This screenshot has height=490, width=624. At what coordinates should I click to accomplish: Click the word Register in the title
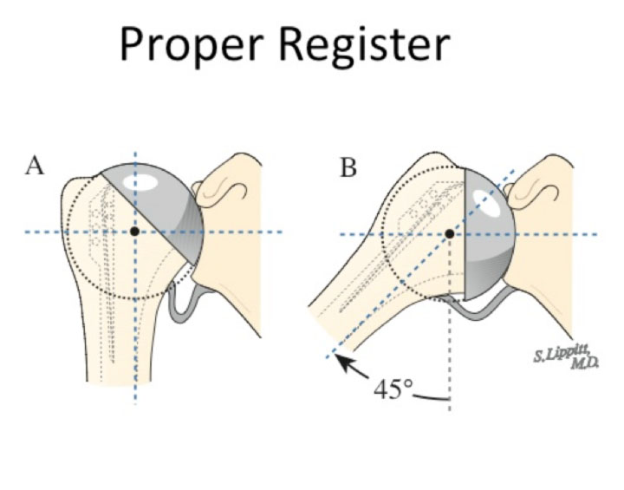point(363,46)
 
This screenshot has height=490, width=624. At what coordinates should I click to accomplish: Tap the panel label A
point(35,167)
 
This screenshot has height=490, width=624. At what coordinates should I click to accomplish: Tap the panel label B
point(348,167)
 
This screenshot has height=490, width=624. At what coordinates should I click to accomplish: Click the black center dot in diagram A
point(134,232)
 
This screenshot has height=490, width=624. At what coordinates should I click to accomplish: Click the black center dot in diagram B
point(449,233)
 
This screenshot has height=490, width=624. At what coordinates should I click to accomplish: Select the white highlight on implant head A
point(140,184)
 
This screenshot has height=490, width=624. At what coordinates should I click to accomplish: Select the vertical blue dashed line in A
point(135,364)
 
